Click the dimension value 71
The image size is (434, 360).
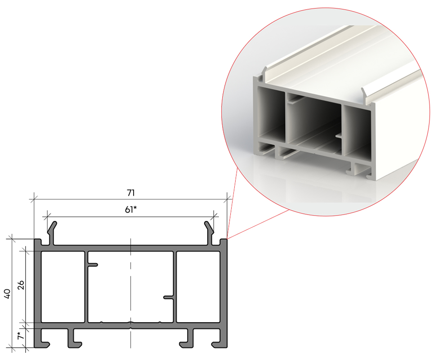coord(130,193)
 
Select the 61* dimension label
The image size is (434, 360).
coord(130,209)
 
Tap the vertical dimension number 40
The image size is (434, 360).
coord(7,293)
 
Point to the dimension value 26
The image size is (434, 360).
coord(21,285)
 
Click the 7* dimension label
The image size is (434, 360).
coord(20,335)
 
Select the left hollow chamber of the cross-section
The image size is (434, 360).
coord(63,287)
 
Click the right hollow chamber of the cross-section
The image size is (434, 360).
coord(198,287)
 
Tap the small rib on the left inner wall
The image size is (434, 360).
coord(93,265)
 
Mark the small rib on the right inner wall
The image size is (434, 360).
coord(169,297)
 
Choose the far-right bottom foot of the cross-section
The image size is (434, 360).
coord(219,338)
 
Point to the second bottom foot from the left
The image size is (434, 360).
coord(73,338)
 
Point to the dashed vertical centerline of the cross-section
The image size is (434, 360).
coord(130,293)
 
